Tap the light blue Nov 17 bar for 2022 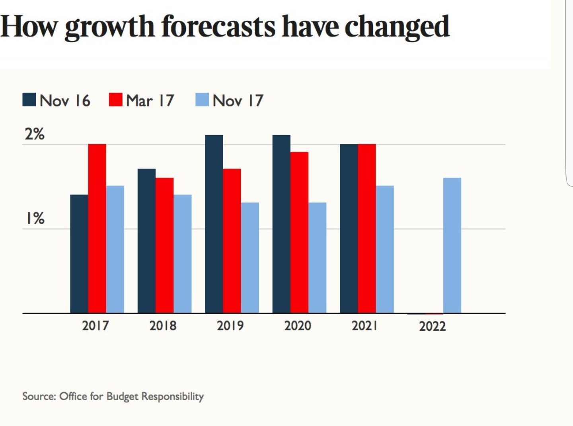coord(452,245)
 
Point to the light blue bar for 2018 coord(182,253)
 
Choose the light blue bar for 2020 coord(317,257)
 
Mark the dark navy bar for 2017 coord(79,253)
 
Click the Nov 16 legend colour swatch coord(29,100)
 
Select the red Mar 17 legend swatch coord(115,100)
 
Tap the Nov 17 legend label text coord(238,100)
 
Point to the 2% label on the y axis coord(35,134)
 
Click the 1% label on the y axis coord(35,218)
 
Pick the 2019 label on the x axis coord(230,326)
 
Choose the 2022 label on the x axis coord(432,326)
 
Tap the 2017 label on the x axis coord(95,326)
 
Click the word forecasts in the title coord(218,26)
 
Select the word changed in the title coord(397,27)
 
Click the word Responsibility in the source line coord(172,397)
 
